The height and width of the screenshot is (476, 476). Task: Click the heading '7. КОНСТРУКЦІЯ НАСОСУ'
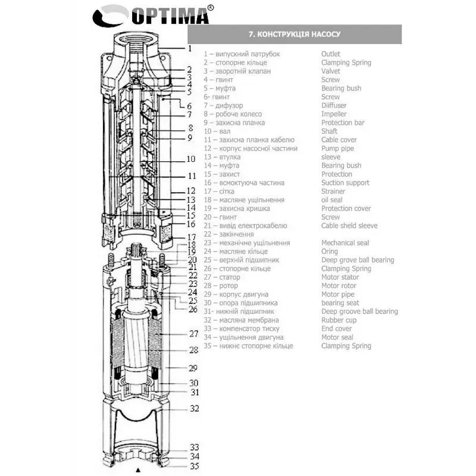[x=294, y=34]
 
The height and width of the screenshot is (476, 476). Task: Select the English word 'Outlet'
[x=330, y=54]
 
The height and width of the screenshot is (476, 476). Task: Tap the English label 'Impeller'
[x=334, y=114]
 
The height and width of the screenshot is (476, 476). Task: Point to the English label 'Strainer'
[x=333, y=192]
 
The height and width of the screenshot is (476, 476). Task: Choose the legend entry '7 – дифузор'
[x=224, y=105]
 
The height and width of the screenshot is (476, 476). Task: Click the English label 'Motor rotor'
[x=339, y=286]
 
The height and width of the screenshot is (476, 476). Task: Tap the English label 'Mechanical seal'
[x=345, y=243]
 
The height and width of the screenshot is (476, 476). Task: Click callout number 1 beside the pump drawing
[x=189, y=48]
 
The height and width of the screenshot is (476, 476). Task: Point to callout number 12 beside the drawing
[x=190, y=192]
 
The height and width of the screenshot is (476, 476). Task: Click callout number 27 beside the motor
[x=193, y=334]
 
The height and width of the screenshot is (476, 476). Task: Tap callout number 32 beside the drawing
[x=194, y=409]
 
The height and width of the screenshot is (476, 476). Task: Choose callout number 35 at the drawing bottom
[x=194, y=466]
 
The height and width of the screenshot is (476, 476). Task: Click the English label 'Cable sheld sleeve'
[x=349, y=226]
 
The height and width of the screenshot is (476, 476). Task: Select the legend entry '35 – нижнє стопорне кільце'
[x=249, y=346]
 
